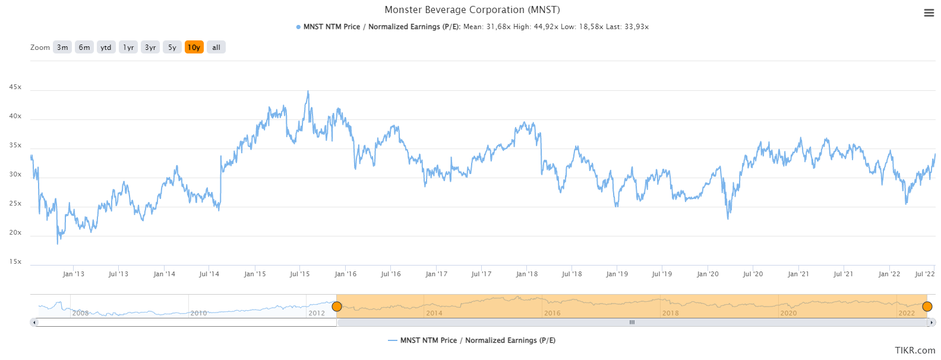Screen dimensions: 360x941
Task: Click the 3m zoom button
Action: coord(62,48)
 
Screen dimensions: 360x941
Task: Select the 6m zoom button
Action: coord(84,48)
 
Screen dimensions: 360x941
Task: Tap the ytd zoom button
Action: coord(106,48)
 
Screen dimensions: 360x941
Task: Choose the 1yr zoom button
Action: coord(128,48)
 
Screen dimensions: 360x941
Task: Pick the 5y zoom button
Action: coord(172,48)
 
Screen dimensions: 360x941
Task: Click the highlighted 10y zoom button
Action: coord(194,48)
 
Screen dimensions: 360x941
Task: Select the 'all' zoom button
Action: coord(216,48)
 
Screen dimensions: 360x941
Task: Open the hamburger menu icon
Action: coord(929,13)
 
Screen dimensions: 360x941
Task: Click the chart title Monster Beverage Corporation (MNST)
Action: coord(472,10)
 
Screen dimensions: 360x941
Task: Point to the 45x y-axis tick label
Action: coord(15,87)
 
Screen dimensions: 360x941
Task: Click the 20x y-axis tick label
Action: coord(15,233)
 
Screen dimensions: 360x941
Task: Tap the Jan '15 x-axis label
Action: coord(255,274)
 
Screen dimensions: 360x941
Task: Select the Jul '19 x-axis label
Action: coord(662,274)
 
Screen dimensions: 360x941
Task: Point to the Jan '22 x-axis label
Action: coord(889,274)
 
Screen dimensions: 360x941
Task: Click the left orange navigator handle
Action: coord(337,307)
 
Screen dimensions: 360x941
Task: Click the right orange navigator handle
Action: coord(927,307)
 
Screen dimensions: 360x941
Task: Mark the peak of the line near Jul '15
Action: coord(308,91)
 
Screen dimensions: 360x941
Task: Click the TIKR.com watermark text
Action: coord(915,350)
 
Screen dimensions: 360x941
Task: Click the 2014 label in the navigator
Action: coord(434,313)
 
